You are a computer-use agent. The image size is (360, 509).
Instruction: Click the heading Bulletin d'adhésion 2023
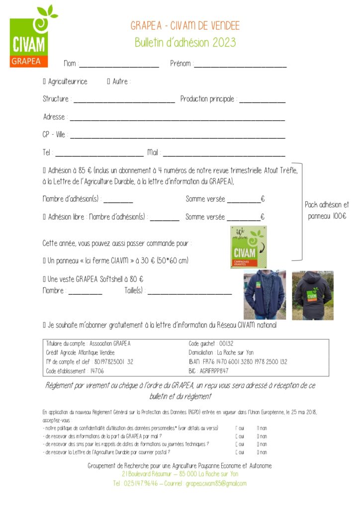click(x=185, y=42)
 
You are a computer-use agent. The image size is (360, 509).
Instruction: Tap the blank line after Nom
click(x=119, y=65)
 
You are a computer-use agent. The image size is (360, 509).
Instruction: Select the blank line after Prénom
click(x=240, y=65)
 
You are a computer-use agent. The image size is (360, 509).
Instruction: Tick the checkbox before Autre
click(x=108, y=82)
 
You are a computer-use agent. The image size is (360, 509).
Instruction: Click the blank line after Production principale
click(x=262, y=101)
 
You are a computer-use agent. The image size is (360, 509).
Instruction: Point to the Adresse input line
click(x=177, y=119)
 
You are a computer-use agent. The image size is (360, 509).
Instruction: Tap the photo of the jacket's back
click(x=312, y=295)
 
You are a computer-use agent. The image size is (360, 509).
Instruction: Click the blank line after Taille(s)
click(x=189, y=293)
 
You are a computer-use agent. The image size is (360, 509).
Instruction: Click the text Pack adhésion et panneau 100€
click(x=327, y=210)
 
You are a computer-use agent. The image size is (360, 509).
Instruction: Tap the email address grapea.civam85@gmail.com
click(x=216, y=483)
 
